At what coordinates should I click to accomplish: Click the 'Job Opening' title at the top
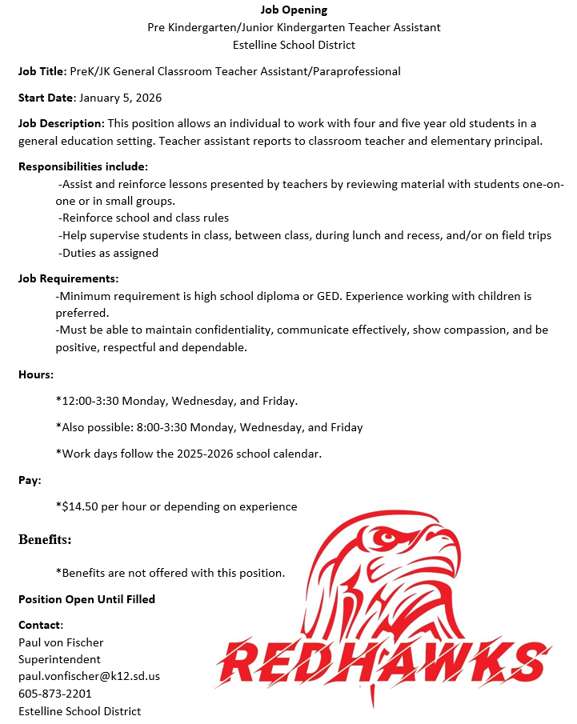pyautogui.click(x=294, y=10)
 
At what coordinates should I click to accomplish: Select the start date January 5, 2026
pyautogui.click(x=119, y=98)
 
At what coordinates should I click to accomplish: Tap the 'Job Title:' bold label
pyautogui.click(x=42, y=71)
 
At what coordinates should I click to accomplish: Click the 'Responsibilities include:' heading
pyautogui.click(x=83, y=166)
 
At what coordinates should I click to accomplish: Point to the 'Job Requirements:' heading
pyautogui.click(x=69, y=278)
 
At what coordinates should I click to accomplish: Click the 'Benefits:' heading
pyautogui.click(x=45, y=540)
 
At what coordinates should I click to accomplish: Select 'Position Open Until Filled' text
pyautogui.click(x=86, y=599)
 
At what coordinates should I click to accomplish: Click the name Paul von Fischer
pyautogui.click(x=61, y=642)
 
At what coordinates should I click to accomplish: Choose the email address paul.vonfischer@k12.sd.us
pyautogui.click(x=89, y=676)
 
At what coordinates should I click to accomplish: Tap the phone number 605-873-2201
pyautogui.click(x=55, y=694)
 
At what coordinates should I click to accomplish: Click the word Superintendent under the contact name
pyautogui.click(x=59, y=659)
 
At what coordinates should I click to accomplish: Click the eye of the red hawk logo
pyautogui.click(x=387, y=536)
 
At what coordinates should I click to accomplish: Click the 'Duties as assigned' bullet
pyautogui.click(x=110, y=253)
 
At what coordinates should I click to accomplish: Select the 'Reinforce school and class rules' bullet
pyautogui.click(x=145, y=218)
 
